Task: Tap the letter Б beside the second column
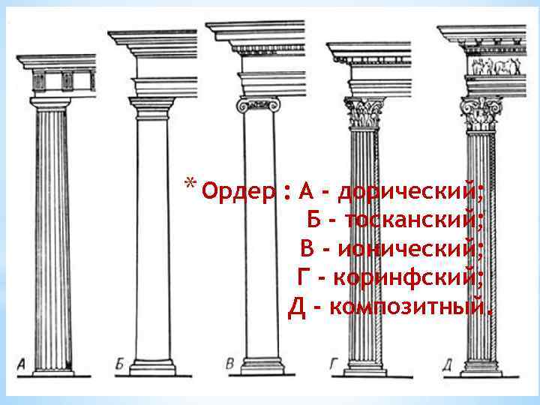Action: (120, 365)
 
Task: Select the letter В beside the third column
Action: (230, 364)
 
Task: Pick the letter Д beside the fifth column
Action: (446, 365)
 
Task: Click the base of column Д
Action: (481, 367)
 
